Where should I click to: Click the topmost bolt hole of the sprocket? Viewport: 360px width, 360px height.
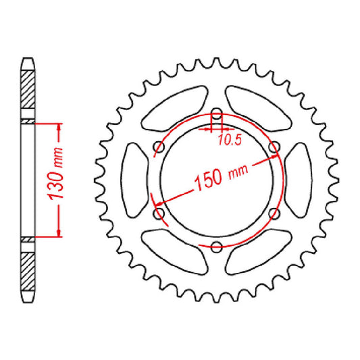(x=216, y=113)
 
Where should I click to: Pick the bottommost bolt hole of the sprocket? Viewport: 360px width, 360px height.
(x=216, y=246)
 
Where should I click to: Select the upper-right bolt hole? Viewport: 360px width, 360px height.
(x=274, y=147)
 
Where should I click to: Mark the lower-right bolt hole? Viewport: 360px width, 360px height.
(x=274, y=213)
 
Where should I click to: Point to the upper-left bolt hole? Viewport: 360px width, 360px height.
(x=159, y=147)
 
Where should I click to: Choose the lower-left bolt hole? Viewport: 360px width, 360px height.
(x=159, y=213)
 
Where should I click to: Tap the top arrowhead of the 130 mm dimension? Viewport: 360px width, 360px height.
(x=59, y=128)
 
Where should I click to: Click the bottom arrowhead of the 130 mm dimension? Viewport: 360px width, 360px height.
(x=59, y=232)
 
